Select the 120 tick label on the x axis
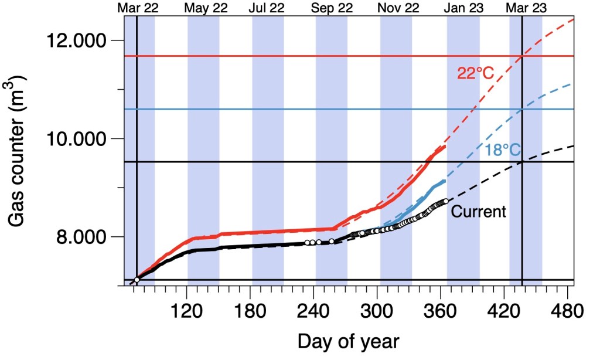pyautogui.click(x=186, y=310)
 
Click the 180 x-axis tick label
pyautogui.click(x=250, y=310)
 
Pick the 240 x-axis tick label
pyautogui.click(x=314, y=310)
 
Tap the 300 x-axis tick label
pyautogui.click(x=377, y=310)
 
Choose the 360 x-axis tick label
pyautogui.click(x=441, y=310)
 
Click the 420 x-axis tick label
pyautogui.click(x=504, y=310)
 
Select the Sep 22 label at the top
pyautogui.click(x=331, y=8)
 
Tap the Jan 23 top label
pyautogui.click(x=463, y=8)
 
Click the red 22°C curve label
pyautogui.click(x=476, y=73)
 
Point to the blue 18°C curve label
pyautogui.click(x=503, y=151)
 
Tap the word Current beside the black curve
pyautogui.click(x=478, y=211)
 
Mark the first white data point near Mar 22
pyautogui.click(x=137, y=280)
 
